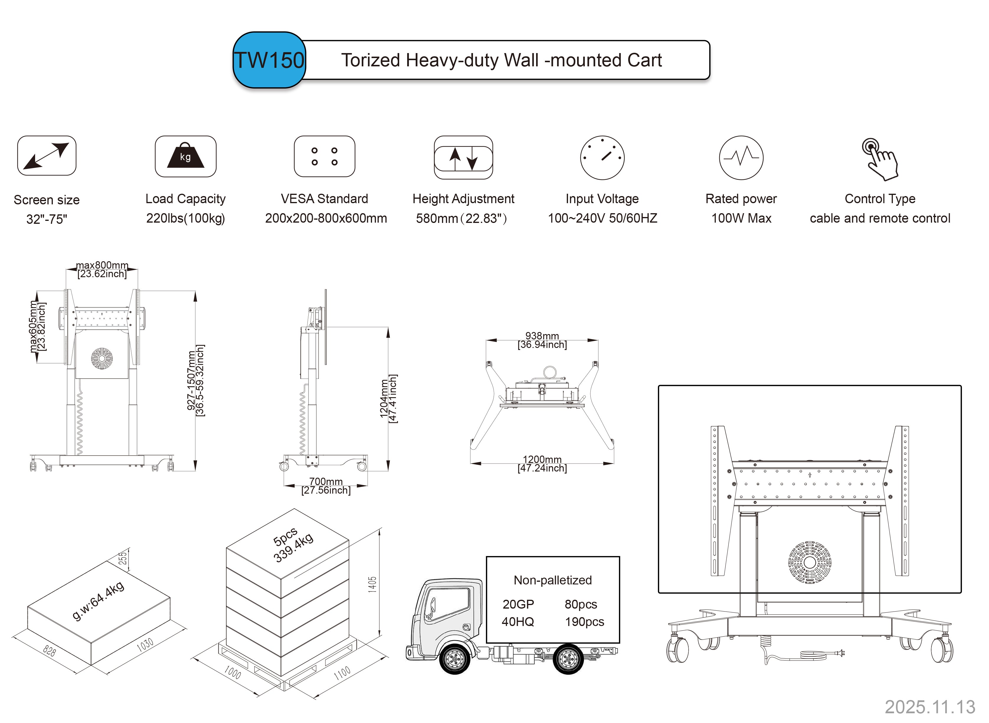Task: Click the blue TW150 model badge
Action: [269, 60]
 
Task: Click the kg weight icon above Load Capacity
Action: [186, 156]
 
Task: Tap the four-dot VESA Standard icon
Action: [325, 156]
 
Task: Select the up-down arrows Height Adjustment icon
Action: [463, 157]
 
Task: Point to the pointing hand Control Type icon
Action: [880, 159]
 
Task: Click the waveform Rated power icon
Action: [741, 157]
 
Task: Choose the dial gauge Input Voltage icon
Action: [602, 157]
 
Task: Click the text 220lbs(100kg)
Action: [186, 218]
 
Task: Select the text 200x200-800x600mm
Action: [326, 218]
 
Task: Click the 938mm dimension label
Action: [542, 336]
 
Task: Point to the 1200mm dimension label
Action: [542, 459]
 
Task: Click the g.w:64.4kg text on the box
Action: [99, 601]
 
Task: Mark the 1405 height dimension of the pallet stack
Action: [372, 584]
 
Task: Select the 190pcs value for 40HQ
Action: [584, 622]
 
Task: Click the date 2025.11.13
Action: [930, 707]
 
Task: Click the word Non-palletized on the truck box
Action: [553, 580]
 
